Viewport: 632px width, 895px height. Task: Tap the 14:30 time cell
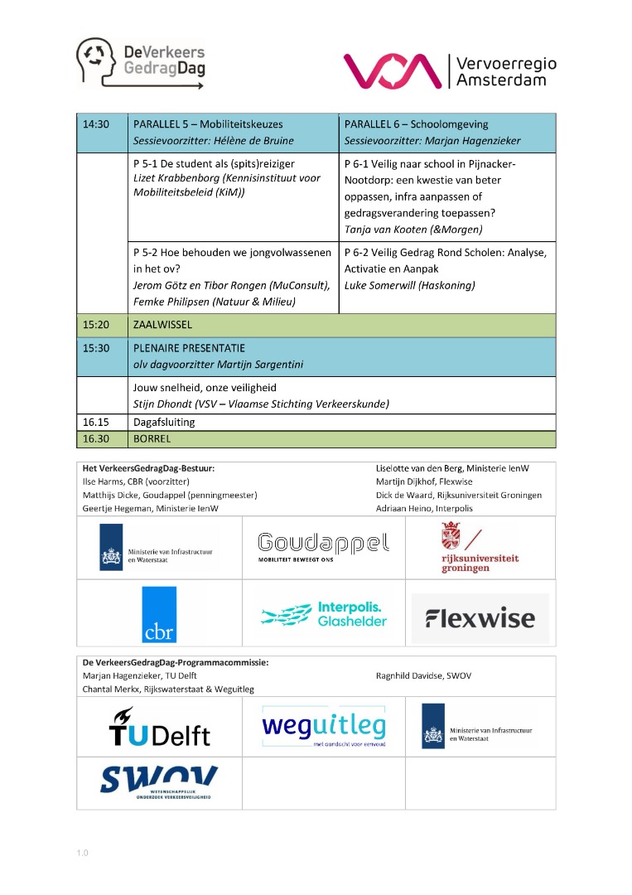tap(96, 124)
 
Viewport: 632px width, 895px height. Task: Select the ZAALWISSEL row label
tap(162, 325)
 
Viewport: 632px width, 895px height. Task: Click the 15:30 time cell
tap(96, 349)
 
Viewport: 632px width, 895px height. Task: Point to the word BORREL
tap(152, 439)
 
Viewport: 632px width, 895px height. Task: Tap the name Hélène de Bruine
tap(255, 140)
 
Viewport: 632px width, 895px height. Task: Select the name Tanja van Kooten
tap(386, 229)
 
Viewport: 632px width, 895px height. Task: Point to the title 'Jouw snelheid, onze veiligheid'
tap(205, 387)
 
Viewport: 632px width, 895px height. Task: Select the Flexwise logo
tap(480, 618)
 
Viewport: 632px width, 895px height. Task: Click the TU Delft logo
tap(159, 727)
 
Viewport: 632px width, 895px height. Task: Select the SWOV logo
tap(159, 781)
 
